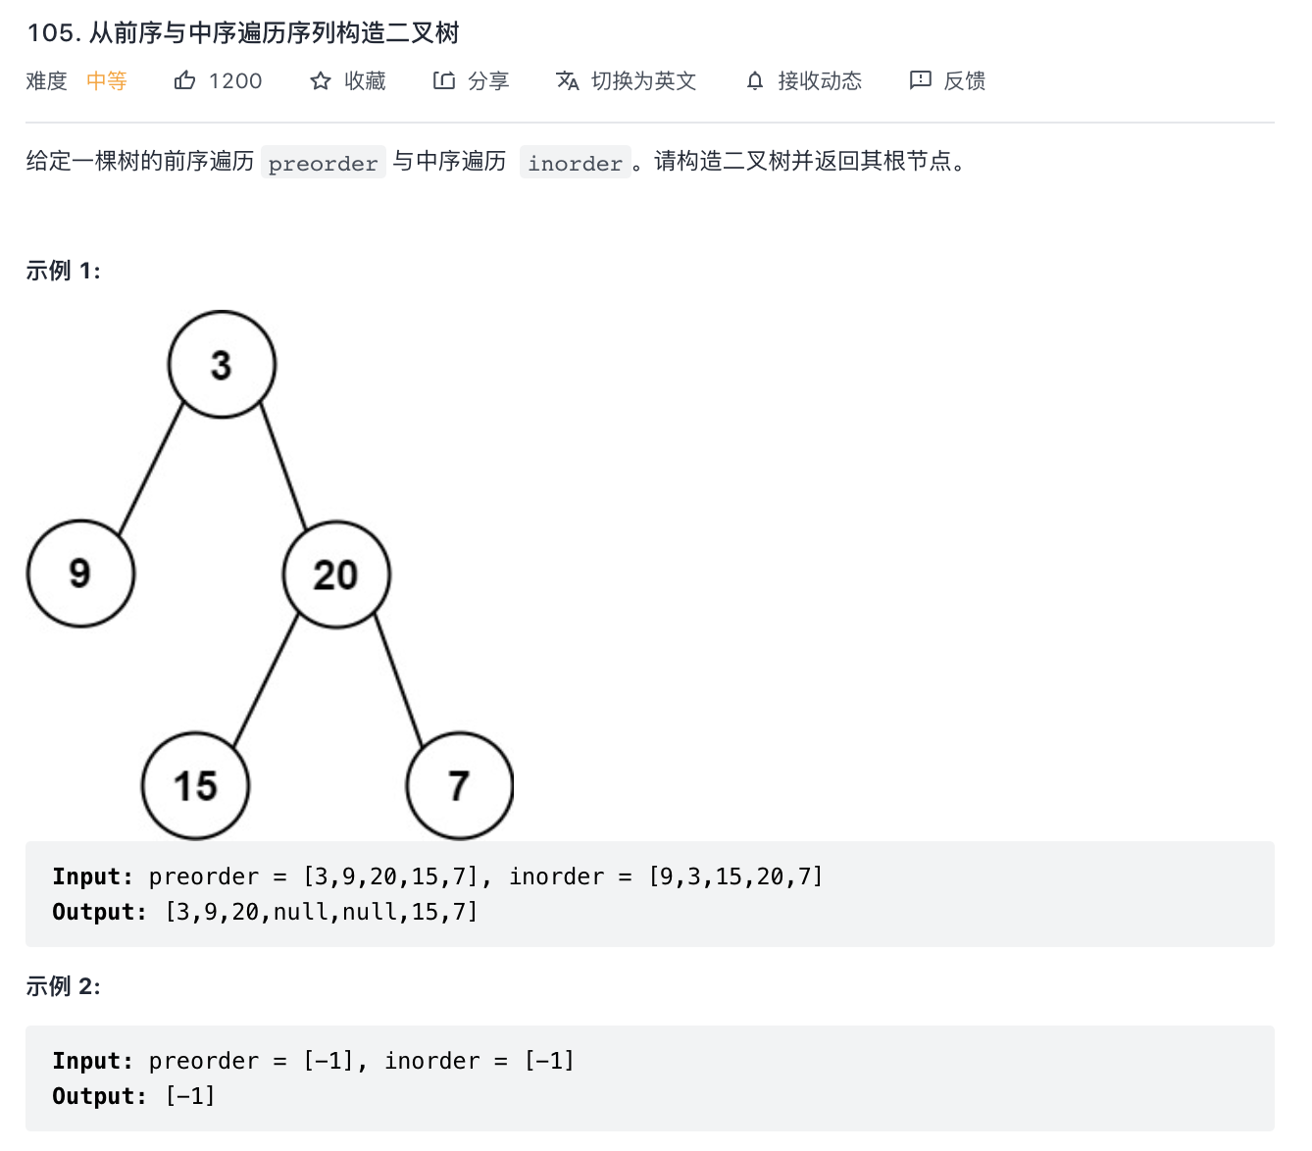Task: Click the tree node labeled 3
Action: tap(222, 365)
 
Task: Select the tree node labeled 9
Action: tap(80, 574)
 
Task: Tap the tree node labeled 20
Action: tap(336, 575)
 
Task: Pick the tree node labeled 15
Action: tap(195, 785)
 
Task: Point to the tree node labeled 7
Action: tap(459, 785)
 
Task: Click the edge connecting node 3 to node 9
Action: tap(151, 469)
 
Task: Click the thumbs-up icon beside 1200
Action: tap(184, 80)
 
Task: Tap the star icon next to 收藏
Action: tap(321, 80)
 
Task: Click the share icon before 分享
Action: tap(444, 80)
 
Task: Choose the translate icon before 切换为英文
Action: tap(568, 80)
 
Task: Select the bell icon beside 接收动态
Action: tap(755, 80)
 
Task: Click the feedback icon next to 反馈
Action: tap(921, 80)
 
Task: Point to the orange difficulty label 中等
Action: tap(107, 80)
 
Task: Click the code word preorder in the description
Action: tap(323, 163)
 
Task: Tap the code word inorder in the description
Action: tap(575, 163)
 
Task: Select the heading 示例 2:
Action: tap(64, 986)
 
